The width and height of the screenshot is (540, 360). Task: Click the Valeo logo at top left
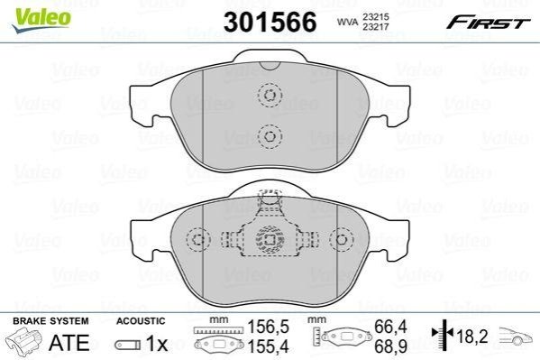tap(41, 20)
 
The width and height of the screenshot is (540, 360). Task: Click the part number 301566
tap(270, 22)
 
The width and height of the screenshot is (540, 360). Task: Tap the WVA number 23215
tap(375, 16)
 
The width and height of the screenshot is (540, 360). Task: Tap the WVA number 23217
tap(375, 26)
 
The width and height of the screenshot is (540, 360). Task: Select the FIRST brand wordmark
tap(489, 23)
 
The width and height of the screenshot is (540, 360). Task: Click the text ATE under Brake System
tap(69, 343)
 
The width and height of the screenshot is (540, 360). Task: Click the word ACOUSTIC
tap(141, 321)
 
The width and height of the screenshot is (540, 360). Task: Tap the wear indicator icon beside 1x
tap(128, 345)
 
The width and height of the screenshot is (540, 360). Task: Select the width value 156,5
tap(269, 327)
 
